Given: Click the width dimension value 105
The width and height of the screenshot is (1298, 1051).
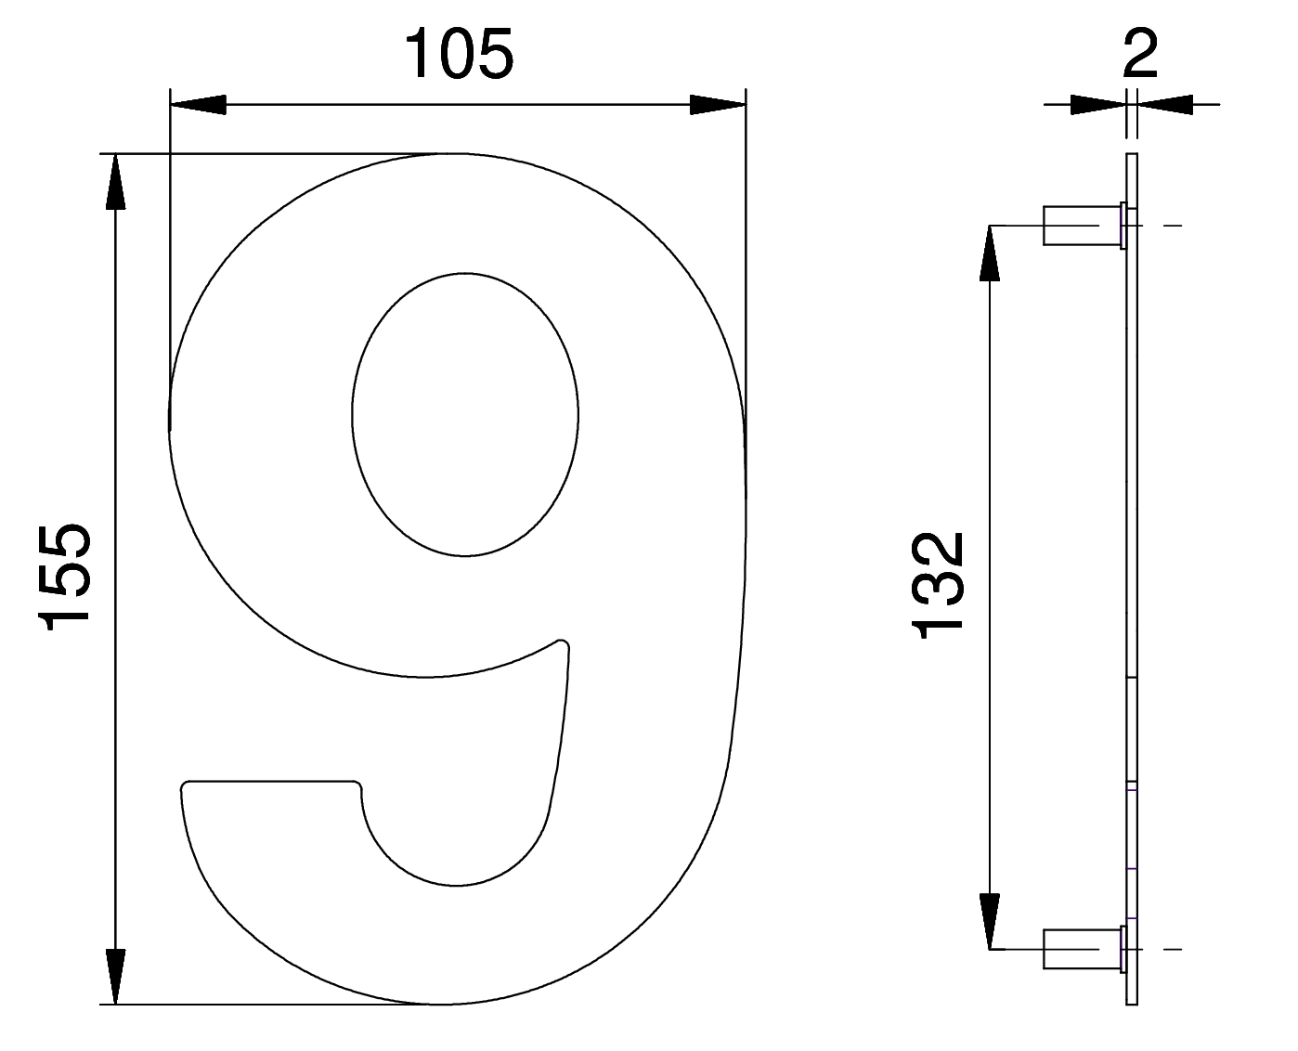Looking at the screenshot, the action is [x=459, y=54].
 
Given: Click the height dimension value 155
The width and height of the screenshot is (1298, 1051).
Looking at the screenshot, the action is [x=65, y=576].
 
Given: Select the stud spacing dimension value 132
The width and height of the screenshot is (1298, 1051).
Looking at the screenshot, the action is [x=937, y=586].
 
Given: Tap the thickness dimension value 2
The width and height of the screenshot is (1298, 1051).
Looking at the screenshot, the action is [x=1139, y=54].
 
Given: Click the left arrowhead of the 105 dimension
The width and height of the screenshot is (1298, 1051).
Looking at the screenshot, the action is [x=198, y=105].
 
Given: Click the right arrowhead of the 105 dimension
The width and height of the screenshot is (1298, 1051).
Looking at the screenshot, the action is [x=718, y=105].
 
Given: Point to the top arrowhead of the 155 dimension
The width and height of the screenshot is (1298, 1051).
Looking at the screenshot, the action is [x=116, y=182].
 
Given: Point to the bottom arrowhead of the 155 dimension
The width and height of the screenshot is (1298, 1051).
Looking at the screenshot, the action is [x=116, y=976].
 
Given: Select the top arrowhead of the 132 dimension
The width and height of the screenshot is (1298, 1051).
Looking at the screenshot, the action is [x=989, y=253].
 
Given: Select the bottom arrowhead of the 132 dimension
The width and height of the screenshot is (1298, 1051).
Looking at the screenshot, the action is [x=989, y=921].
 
